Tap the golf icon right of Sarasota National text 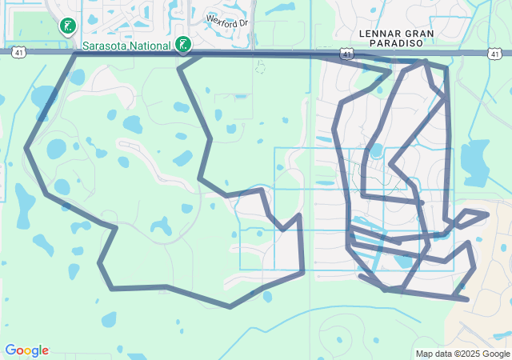click(184, 44)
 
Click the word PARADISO click(406, 44)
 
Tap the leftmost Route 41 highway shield click(18, 52)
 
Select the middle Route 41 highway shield click(346, 53)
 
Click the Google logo click(26, 350)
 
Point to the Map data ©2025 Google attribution click(462, 354)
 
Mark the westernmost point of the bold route click(26, 148)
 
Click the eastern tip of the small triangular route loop click(487, 214)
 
